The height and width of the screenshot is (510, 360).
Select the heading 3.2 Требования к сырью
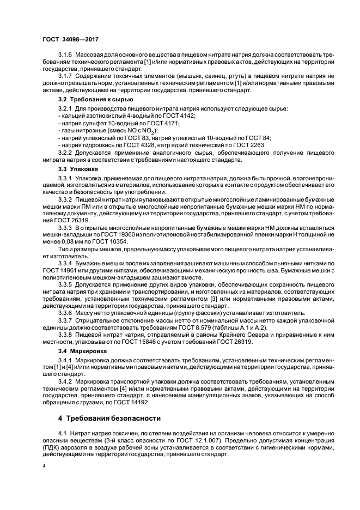(x=95, y=100)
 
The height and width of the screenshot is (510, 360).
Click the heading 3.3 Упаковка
(x=78, y=169)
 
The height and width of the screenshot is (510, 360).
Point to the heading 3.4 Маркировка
(x=83, y=351)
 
